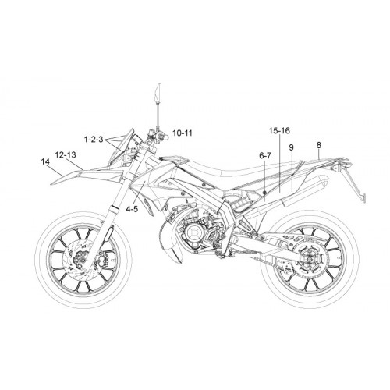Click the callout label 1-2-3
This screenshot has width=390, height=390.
point(94,140)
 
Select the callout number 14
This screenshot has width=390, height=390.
point(45,161)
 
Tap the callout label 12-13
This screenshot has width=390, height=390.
point(66,155)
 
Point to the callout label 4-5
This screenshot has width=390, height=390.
point(132,209)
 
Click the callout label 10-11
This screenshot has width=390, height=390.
point(183,133)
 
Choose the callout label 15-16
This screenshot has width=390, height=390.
point(279,130)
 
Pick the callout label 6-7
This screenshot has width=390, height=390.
point(265,155)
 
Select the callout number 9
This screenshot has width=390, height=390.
point(291,147)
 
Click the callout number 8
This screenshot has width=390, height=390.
point(319,145)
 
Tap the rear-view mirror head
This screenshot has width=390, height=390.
point(158,93)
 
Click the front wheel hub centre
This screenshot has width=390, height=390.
point(80,260)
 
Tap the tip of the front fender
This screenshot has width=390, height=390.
point(51,184)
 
